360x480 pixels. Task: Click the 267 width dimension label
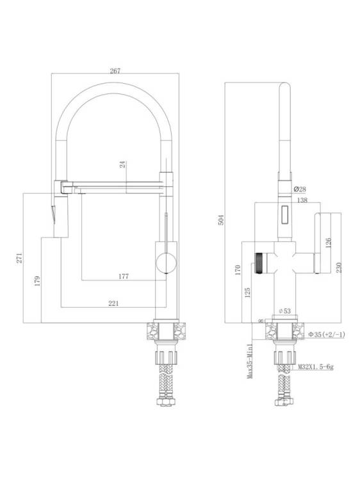tap(115, 70)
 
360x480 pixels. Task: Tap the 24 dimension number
tap(123, 164)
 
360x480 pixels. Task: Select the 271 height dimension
tap(19, 258)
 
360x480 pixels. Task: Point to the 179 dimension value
tap(37, 281)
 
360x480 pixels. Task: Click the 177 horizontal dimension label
tap(124, 276)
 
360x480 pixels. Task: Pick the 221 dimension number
tap(113, 303)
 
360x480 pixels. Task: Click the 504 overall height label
tap(221, 220)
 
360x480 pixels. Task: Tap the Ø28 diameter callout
tap(300, 189)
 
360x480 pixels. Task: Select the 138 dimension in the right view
tap(302, 200)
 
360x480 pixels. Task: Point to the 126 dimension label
tap(328, 243)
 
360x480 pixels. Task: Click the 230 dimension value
tap(339, 268)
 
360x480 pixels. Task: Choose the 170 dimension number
tap(238, 270)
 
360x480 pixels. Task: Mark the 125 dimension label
tap(248, 292)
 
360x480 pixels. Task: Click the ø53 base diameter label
tap(284, 311)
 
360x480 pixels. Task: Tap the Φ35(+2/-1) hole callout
tap(327, 335)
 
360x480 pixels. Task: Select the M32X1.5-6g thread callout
tap(316, 367)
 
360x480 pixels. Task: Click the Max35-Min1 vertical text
tap(250, 361)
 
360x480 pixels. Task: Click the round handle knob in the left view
tap(166, 262)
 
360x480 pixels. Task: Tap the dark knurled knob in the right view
tap(260, 263)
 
